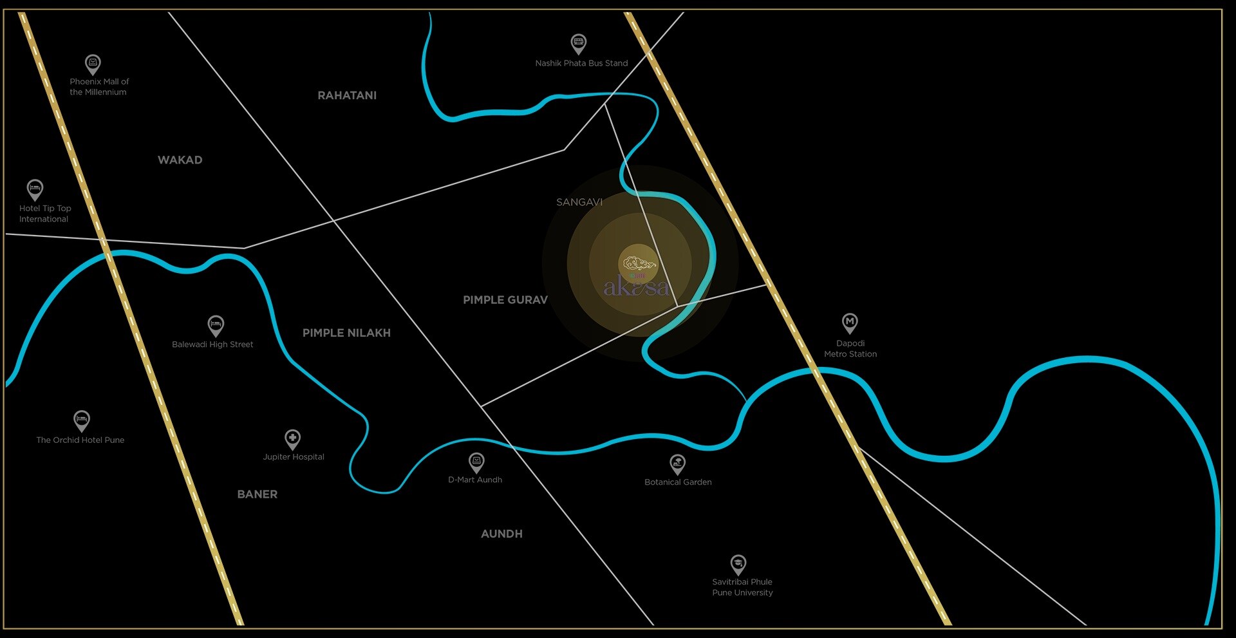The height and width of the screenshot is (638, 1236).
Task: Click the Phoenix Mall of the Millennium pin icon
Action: pos(93,64)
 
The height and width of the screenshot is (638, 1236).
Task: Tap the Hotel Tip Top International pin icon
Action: pos(35,189)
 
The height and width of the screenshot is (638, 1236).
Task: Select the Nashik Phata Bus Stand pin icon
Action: pos(579,44)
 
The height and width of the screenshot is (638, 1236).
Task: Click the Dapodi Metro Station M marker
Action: pos(850,322)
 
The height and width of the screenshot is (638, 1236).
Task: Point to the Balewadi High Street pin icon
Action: pos(216,324)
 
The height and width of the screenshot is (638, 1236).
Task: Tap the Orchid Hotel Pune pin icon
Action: pos(81,420)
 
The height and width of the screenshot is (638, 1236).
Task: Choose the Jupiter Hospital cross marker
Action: pos(293,439)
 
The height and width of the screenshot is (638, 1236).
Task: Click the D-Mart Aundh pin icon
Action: pos(476,462)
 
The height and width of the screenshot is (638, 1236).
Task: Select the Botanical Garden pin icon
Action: pos(677,463)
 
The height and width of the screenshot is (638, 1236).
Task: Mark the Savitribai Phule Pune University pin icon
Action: pos(738,565)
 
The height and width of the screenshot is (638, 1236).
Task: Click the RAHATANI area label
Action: pos(347,95)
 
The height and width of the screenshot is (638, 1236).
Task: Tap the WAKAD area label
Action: pos(180,160)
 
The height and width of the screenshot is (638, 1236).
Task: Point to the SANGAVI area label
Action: pos(579,202)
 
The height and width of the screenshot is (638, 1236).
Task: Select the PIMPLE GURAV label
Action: pos(505,300)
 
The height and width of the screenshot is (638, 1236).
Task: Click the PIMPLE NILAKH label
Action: pos(346,333)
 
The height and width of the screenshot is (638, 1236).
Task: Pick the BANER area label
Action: pos(257,494)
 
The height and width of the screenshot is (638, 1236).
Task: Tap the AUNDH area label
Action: pos(501,534)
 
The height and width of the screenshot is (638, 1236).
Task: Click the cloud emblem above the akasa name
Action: pos(639,263)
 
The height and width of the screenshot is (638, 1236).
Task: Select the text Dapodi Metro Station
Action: pos(850,349)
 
